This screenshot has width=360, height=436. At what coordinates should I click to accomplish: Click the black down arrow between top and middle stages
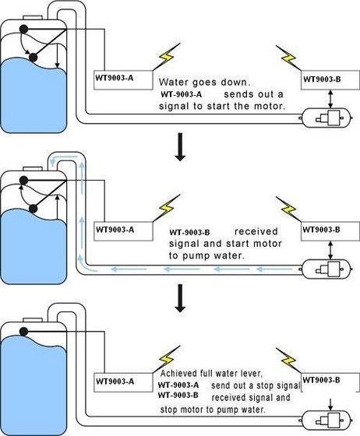coord(180,149)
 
